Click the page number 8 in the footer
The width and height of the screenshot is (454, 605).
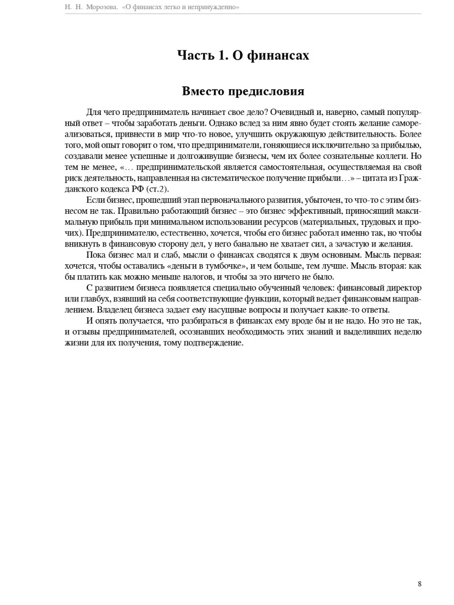click(419, 584)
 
